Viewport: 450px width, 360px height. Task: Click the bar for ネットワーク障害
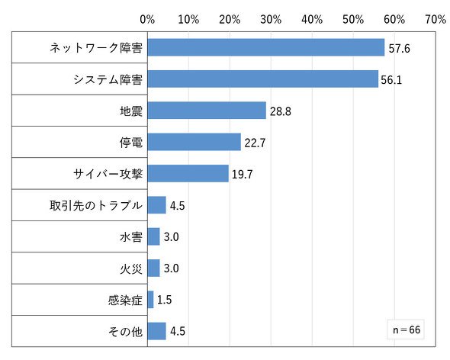pyautogui.click(x=266, y=47)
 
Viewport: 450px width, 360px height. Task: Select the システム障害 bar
pyautogui.click(x=263, y=79)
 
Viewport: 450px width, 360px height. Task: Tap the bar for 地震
pyautogui.click(x=207, y=111)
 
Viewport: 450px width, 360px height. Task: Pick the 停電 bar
pyautogui.click(x=194, y=142)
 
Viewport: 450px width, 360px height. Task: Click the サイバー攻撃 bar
pyautogui.click(x=188, y=173)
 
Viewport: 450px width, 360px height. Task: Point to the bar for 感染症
pyautogui.click(x=151, y=300)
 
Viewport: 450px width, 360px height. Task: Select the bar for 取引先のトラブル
pyautogui.click(x=157, y=205)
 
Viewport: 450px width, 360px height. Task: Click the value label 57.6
pyautogui.click(x=399, y=49)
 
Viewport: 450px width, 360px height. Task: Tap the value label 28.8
pyautogui.click(x=281, y=111)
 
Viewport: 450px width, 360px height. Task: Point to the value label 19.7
pyautogui.click(x=243, y=174)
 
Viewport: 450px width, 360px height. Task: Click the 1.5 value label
pyautogui.click(x=165, y=300)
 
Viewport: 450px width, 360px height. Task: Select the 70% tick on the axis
pyautogui.click(x=436, y=20)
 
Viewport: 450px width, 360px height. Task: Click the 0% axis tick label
pyautogui.click(x=147, y=20)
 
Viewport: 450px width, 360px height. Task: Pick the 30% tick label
pyautogui.click(x=271, y=20)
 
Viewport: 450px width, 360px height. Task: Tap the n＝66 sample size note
pyautogui.click(x=407, y=329)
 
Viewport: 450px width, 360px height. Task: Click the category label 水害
pyautogui.click(x=131, y=237)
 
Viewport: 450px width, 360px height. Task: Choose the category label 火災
pyautogui.click(x=131, y=268)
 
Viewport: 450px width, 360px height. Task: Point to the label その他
pyautogui.click(x=125, y=332)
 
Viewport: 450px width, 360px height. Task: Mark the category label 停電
pyautogui.click(x=131, y=143)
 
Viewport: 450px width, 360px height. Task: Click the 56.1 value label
pyautogui.click(x=391, y=80)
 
